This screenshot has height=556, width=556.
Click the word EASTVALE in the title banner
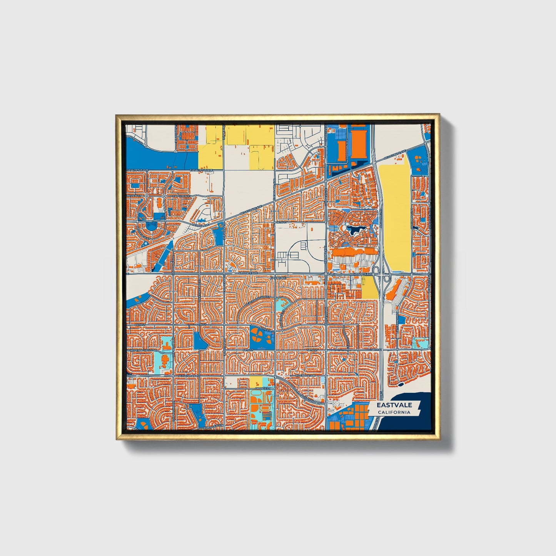[x=394, y=405]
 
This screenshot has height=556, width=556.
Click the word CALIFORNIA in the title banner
[x=394, y=412]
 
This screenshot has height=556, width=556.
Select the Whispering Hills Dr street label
[x=142, y=350]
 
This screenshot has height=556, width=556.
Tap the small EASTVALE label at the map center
[x=278, y=277]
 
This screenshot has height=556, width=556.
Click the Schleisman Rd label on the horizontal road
[x=188, y=375]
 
